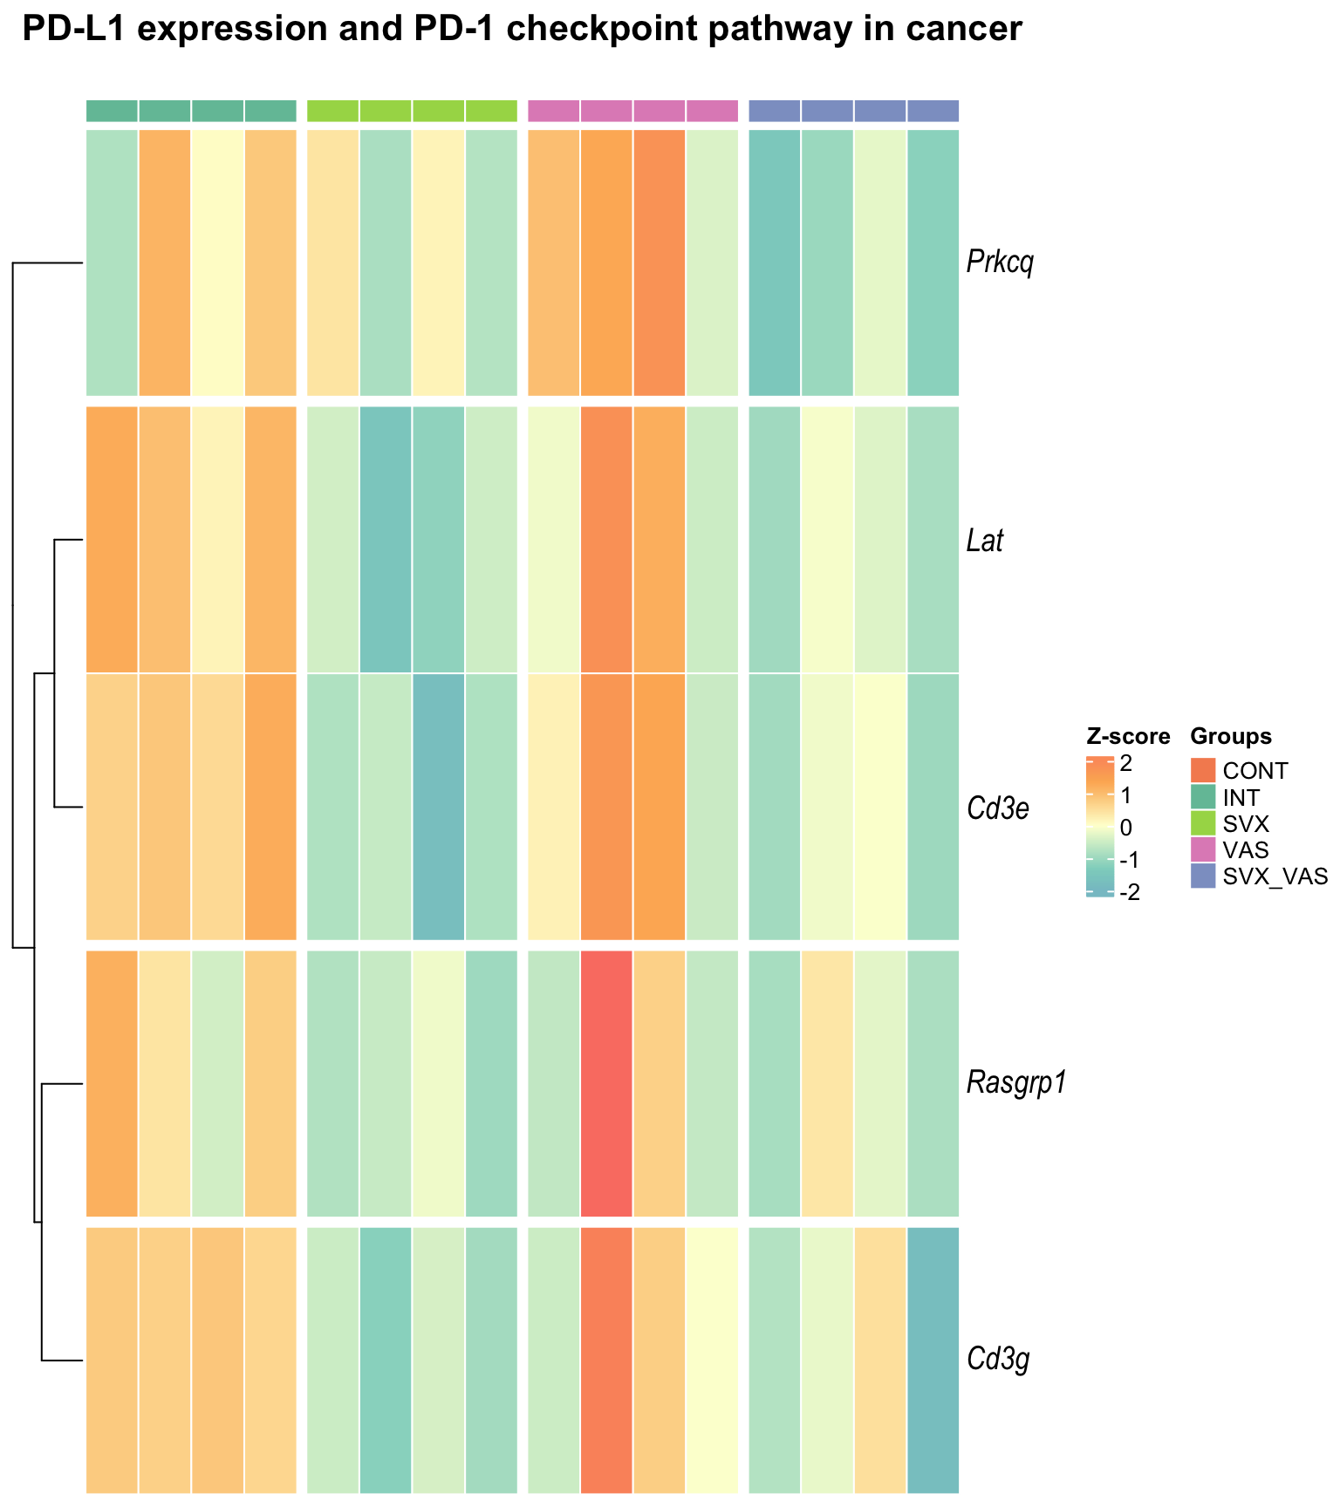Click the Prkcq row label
click(x=1000, y=263)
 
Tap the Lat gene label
click(x=985, y=541)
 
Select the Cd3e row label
click(x=998, y=808)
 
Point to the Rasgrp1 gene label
click(x=1016, y=1083)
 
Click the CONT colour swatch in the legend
click(x=1203, y=770)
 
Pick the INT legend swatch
click(x=1203, y=796)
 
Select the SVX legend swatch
click(x=1203, y=822)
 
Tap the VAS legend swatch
click(x=1203, y=849)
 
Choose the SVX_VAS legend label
click(x=1275, y=876)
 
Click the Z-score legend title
click(x=1128, y=737)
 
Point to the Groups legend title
click(x=1231, y=737)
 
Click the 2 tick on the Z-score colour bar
click(x=1125, y=764)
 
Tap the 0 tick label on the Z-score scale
click(x=1125, y=828)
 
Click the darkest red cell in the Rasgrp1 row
click(x=606, y=1083)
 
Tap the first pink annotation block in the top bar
click(x=554, y=111)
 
